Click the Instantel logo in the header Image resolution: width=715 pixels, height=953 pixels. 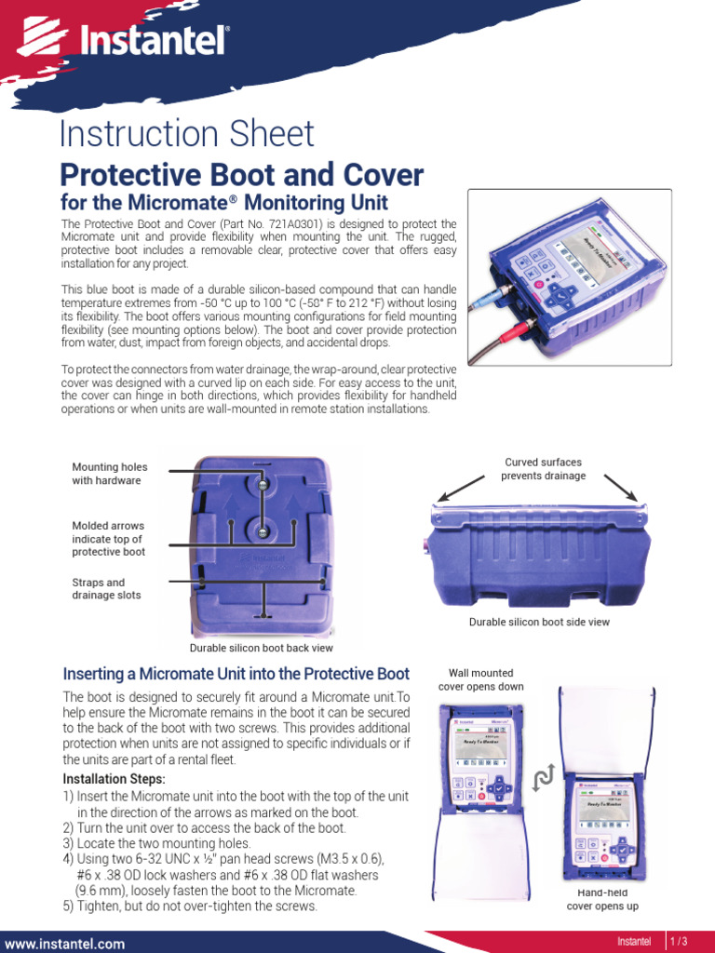(123, 38)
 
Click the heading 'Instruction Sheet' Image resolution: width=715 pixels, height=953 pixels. (186, 134)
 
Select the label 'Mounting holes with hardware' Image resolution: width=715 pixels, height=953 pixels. (110, 474)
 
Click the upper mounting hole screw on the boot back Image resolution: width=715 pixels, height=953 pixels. (262, 484)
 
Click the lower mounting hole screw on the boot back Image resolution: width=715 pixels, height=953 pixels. (262, 531)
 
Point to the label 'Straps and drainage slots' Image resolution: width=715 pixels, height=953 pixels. (106, 588)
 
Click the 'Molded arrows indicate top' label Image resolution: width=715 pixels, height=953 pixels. (108, 539)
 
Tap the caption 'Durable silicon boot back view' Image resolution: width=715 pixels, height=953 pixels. (261, 648)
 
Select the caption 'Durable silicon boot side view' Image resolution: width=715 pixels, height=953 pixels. (539, 622)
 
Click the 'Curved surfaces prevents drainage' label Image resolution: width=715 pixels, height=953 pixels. (543, 469)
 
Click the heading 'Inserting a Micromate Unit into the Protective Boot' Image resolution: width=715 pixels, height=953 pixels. (236, 674)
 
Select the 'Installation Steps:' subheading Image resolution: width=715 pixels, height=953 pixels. (114, 779)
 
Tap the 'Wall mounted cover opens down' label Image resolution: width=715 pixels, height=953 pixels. (480, 679)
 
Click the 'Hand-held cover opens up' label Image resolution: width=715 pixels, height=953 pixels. (602, 900)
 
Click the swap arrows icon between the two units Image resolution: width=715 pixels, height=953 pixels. (543, 778)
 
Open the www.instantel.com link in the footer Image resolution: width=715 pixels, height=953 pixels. (64, 944)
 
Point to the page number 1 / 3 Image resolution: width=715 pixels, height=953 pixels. (679, 941)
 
